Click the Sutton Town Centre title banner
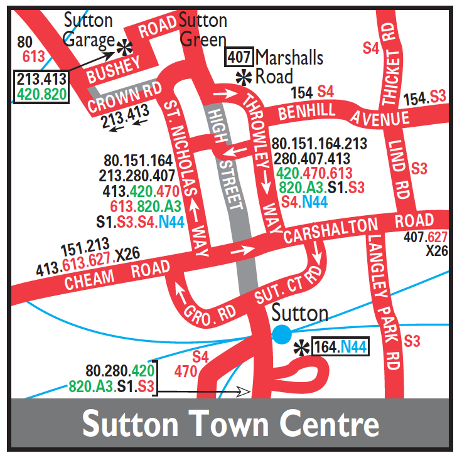231,425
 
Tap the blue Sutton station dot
281,334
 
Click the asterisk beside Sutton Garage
126,46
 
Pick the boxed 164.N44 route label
339,346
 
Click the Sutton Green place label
203,29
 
